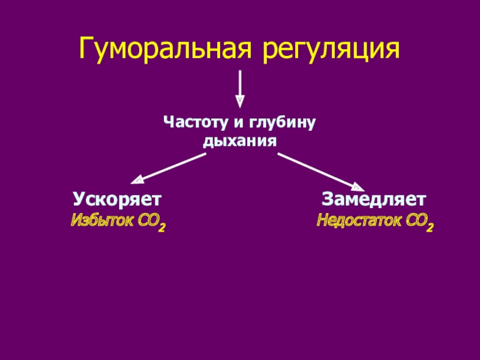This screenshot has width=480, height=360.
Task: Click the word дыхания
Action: coord(239,142)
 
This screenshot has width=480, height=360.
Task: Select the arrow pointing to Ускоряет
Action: coord(170,168)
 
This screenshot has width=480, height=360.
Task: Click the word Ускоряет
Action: coord(118,199)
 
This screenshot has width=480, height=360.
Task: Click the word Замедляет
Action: coord(374,199)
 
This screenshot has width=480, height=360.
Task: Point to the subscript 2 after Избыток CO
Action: coord(162,226)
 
